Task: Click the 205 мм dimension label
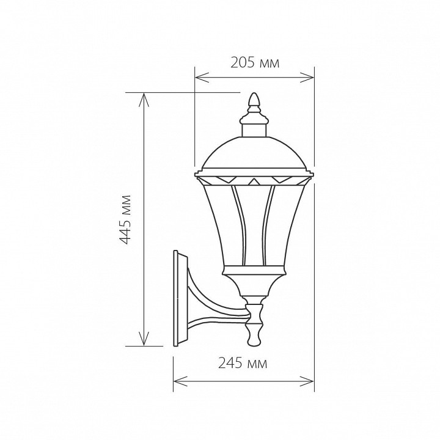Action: [255, 63]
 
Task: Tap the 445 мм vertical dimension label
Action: [125, 219]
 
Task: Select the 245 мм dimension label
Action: [243, 364]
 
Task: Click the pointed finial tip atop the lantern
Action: [254, 93]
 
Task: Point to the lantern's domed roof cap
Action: [254, 153]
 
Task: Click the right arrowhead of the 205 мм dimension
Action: [307, 78]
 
